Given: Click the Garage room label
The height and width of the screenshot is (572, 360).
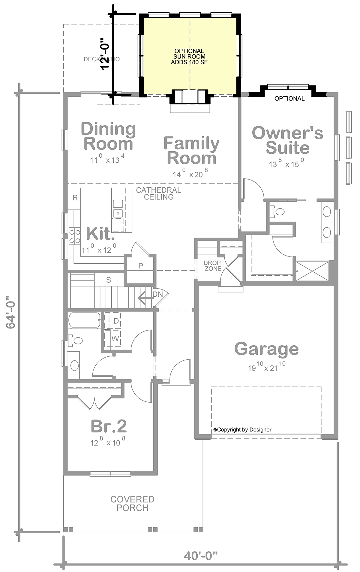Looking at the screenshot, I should click(266, 349).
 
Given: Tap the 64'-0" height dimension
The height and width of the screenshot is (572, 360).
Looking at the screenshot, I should click(11, 312).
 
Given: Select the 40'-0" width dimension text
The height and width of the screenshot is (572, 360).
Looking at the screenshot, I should click(200, 556).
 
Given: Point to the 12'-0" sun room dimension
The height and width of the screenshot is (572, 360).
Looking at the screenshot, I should click(105, 54).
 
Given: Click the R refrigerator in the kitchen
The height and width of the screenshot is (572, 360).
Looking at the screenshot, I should click(75, 198).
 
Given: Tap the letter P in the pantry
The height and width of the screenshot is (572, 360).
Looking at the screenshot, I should click(140, 266).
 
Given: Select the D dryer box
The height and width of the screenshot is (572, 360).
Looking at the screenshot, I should click(115, 321).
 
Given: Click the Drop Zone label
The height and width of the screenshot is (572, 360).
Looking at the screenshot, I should click(212, 266).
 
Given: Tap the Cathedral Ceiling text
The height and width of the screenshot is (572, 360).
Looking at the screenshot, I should click(158, 194).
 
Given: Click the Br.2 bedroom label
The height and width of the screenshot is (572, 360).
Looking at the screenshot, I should click(109, 426).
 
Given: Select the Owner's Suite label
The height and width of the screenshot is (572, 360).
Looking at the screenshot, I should click(287, 141).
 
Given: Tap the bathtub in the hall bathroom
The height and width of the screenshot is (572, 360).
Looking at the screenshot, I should click(84, 320).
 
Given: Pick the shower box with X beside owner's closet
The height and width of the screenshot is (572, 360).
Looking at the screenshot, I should click(312, 271).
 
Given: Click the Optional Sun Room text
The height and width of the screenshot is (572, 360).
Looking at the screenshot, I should click(189, 56).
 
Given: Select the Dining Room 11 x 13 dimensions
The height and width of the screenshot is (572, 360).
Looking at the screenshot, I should click(107, 160).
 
